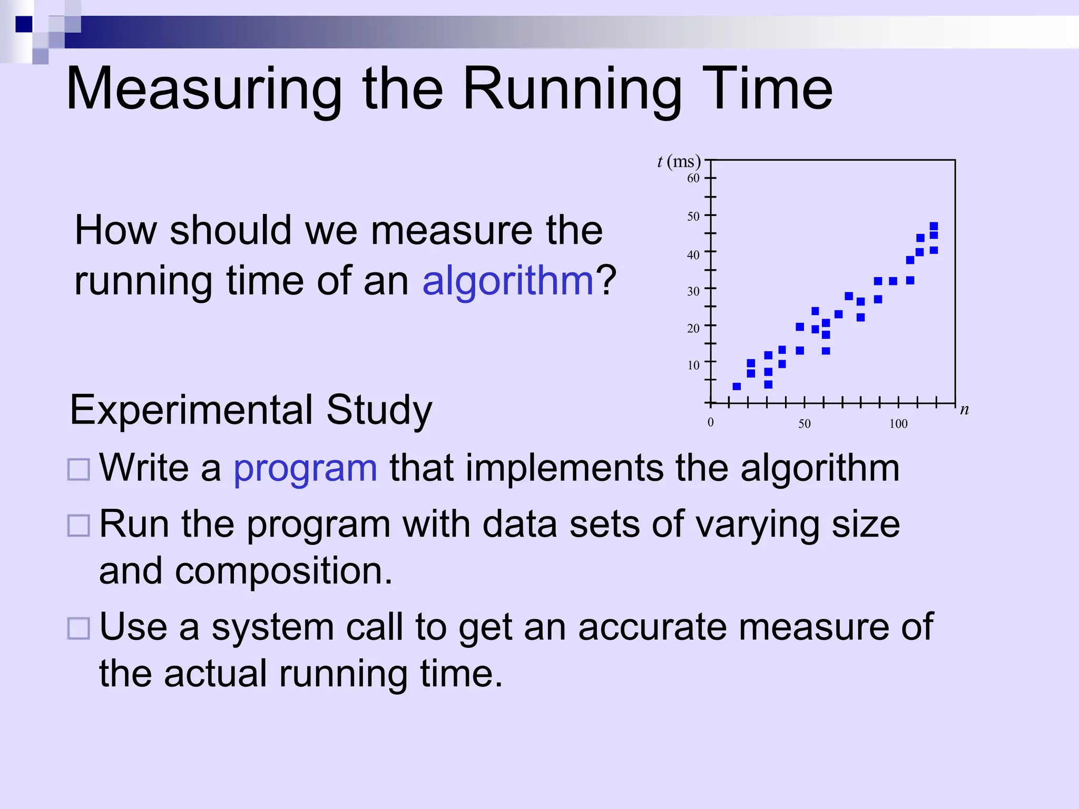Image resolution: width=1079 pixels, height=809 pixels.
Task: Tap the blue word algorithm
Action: coord(508,281)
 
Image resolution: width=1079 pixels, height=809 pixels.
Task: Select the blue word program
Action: coord(305,468)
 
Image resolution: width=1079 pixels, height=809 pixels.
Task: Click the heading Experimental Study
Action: coord(251,410)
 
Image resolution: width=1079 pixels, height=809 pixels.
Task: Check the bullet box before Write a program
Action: coord(79,469)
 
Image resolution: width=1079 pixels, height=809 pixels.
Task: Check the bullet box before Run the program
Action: coord(79,525)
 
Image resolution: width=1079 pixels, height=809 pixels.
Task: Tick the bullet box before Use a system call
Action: coord(79,628)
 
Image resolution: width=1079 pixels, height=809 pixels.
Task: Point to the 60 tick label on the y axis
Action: coord(693,179)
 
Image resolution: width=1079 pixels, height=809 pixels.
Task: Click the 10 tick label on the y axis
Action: coord(693,365)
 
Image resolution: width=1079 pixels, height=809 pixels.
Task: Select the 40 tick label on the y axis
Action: coord(693,255)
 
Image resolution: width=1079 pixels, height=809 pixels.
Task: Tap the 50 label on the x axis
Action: coord(804,424)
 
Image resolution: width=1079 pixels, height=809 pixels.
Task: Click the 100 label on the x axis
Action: coord(898,424)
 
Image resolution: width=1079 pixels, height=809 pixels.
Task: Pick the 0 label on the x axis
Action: coord(710,422)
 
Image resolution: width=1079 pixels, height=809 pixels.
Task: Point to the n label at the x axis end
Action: coord(964,409)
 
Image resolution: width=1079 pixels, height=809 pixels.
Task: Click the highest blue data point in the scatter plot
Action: coord(934,226)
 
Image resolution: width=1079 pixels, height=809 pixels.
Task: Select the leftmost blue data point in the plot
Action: coord(737,387)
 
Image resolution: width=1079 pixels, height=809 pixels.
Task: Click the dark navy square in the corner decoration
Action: coord(24,24)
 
